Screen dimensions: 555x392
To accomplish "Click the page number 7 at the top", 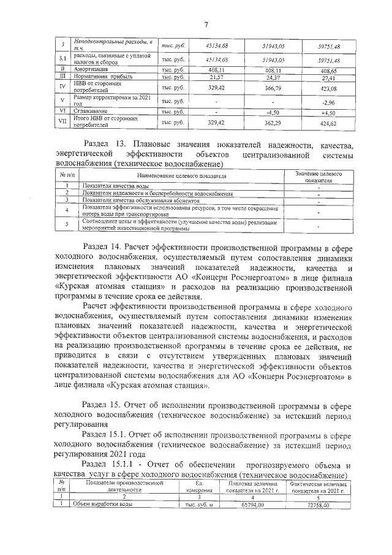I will [x=206, y=25].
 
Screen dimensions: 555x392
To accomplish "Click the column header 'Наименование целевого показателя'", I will [x=177, y=177].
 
